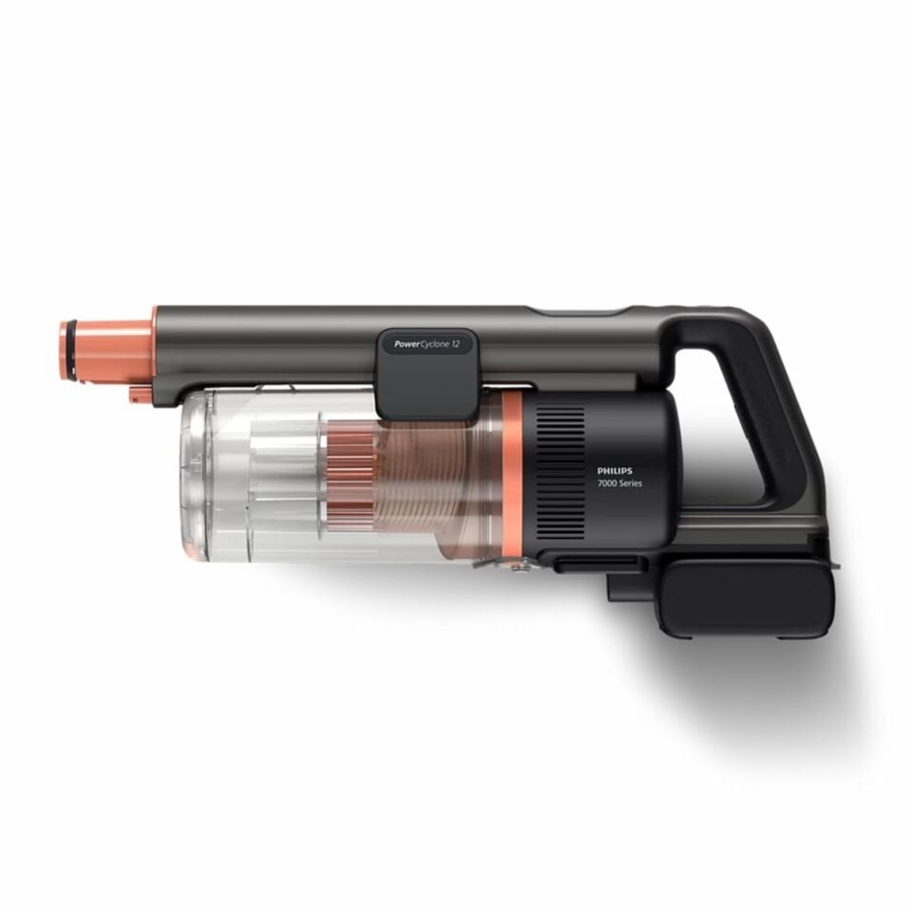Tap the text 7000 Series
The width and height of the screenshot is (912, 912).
click(x=620, y=485)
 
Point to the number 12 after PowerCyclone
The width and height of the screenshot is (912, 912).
click(x=457, y=345)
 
